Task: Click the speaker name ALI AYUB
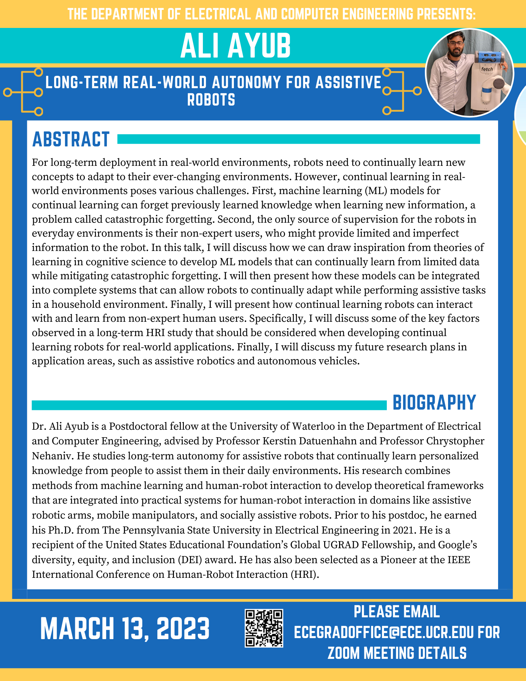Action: click(236, 46)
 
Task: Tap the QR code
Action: click(264, 628)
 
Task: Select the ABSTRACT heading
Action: click(71, 139)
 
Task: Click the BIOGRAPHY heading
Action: click(434, 402)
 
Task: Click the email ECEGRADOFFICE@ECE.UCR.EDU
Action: click(383, 633)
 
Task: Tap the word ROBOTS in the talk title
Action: click(211, 100)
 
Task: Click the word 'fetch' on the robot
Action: click(487, 69)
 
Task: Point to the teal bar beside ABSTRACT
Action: click(298, 139)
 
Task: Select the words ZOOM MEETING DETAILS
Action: click(397, 653)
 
